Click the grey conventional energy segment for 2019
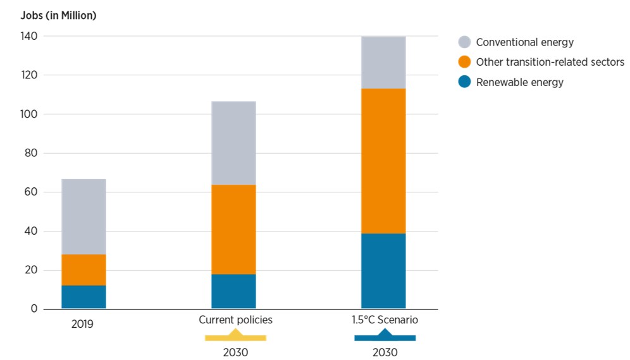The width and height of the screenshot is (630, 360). click(83, 216)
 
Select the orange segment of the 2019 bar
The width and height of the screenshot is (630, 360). click(83, 270)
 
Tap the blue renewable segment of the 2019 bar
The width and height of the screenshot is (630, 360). click(83, 297)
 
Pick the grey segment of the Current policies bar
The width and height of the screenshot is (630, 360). click(233, 143)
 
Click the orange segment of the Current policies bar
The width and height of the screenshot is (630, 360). click(233, 229)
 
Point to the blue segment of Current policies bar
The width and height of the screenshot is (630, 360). click(233, 291)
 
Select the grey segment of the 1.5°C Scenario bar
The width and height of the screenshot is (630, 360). click(383, 62)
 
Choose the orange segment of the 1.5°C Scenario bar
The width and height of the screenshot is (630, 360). click(383, 161)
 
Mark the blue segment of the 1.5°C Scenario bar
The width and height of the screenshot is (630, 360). click(383, 271)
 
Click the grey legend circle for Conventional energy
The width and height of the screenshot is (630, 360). click(465, 42)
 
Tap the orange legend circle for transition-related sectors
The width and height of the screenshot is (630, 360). click(465, 62)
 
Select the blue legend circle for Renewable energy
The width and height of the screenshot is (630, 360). click(465, 82)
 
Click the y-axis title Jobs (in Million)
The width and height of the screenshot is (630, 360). click(58, 16)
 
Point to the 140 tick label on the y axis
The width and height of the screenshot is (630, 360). click(29, 37)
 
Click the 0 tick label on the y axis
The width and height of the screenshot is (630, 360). click(34, 309)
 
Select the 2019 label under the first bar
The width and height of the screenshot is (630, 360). click(82, 324)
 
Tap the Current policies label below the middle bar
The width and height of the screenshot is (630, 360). click(235, 320)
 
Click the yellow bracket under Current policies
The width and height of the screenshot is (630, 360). click(235, 336)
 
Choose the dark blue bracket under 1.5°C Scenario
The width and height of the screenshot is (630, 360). click(385, 336)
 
